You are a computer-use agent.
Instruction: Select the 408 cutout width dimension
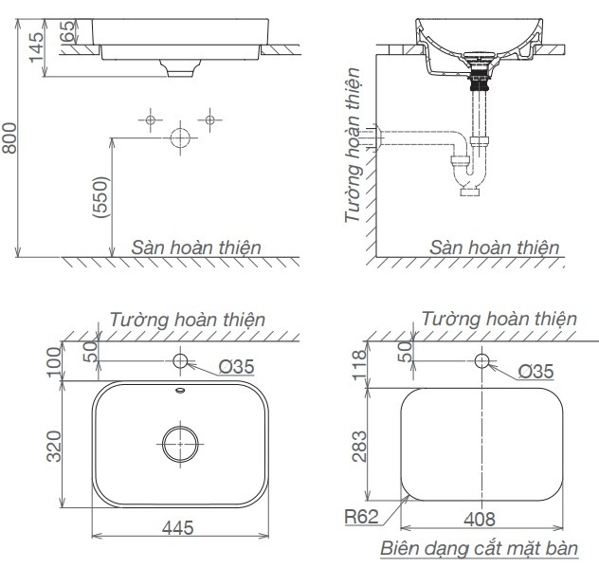482,520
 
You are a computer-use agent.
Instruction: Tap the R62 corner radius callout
362,517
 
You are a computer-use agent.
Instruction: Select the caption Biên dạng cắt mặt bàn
488,548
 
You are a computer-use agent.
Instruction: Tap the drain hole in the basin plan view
180,443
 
